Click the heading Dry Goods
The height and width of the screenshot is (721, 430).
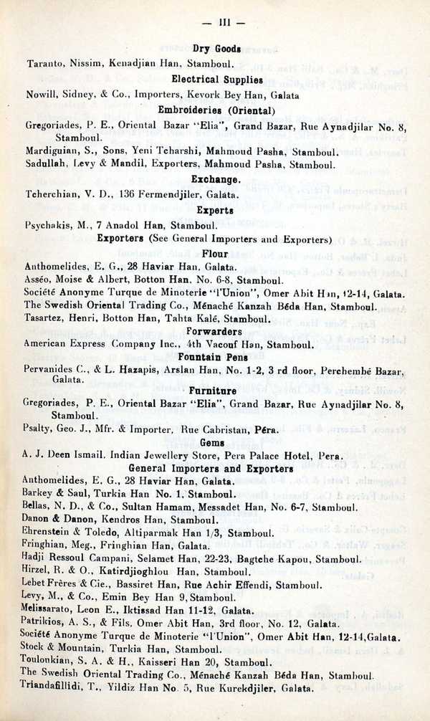(x=216, y=49)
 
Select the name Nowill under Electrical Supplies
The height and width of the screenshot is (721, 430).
(x=42, y=95)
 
